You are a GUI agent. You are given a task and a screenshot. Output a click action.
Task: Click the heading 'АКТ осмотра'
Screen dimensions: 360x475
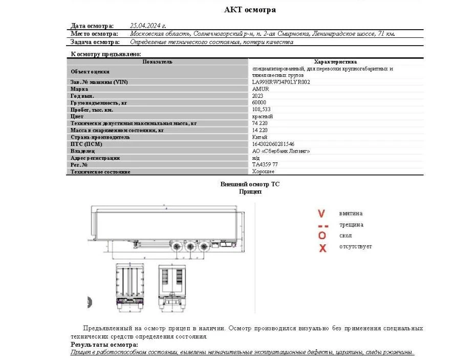pos(250,10)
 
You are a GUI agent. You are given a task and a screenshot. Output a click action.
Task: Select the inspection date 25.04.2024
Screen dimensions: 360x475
pos(148,25)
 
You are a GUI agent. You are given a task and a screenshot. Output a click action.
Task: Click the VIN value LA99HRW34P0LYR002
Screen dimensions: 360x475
pos(281,82)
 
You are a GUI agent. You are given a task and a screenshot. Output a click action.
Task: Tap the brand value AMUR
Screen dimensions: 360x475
pos(261,89)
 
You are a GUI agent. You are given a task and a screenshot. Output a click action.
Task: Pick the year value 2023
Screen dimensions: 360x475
pos(258,96)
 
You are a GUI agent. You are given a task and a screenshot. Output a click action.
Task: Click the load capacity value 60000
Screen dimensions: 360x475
pos(259,103)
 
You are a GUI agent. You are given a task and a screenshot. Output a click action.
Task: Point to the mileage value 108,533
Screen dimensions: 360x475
pos(262,110)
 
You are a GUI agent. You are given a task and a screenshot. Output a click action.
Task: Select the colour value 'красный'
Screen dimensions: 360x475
pos(263,117)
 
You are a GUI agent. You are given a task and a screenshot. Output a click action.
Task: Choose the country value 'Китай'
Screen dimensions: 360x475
pos(260,137)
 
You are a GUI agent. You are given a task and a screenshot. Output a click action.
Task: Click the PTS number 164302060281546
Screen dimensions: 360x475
pos(273,144)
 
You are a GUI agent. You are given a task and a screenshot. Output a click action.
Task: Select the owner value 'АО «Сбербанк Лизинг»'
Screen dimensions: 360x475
pos(281,151)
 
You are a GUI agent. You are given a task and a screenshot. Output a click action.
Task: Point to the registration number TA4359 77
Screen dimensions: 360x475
pos(265,165)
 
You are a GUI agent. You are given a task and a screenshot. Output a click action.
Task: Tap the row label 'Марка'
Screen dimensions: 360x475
pos(79,89)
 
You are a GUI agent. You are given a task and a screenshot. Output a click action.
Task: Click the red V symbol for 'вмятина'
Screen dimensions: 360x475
pos(321,214)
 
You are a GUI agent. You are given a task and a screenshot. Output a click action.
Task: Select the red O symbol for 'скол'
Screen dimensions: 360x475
pos(322,236)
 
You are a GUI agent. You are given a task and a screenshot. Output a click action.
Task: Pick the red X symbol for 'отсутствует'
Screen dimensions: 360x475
pos(322,248)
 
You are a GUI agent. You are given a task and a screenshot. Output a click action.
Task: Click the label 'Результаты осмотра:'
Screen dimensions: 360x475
pos(104,345)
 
